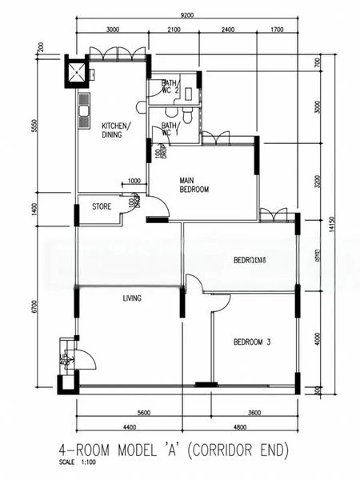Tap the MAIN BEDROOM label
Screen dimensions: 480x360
click(x=194, y=185)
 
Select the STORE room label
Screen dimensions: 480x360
click(x=102, y=206)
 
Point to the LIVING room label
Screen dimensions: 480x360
click(x=132, y=298)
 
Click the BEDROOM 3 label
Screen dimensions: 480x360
click(x=252, y=342)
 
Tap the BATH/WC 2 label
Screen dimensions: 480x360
click(x=170, y=86)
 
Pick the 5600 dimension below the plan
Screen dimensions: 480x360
click(x=143, y=413)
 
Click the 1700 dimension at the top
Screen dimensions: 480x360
click(x=277, y=30)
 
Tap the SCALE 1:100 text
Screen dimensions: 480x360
click(x=76, y=462)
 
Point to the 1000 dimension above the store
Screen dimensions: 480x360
click(x=134, y=181)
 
